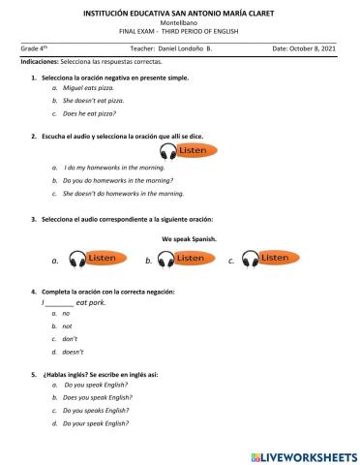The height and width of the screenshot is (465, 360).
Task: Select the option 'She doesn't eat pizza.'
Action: click(x=94, y=100)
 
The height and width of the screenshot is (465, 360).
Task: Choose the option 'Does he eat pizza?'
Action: click(x=90, y=113)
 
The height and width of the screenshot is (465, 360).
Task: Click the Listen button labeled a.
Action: click(x=92, y=259)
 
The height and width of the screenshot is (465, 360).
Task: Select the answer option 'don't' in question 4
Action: click(x=70, y=339)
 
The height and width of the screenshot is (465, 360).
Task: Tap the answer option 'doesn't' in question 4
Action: click(x=73, y=353)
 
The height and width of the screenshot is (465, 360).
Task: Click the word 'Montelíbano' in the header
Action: click(x=180, y=20)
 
